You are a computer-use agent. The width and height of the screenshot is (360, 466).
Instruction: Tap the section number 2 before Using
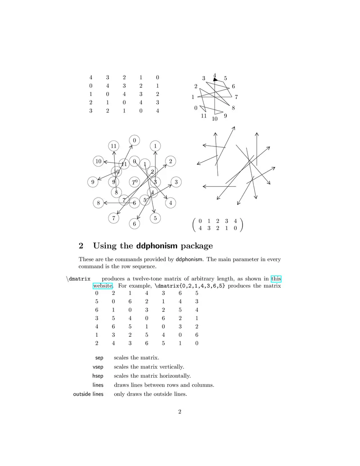(81, 246)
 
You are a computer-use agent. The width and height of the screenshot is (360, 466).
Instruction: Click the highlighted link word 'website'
(103, 286)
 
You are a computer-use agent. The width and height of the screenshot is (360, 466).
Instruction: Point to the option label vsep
(98, 367)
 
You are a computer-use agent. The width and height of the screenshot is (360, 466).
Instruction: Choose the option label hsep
(98, 376)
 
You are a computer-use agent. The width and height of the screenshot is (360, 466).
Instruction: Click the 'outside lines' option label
(88, 394)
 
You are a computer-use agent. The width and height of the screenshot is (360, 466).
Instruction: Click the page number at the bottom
(180, 411)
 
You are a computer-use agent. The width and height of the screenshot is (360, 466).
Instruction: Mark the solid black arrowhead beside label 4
(215, 80)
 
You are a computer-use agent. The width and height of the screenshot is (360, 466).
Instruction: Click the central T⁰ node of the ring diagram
(134, 182)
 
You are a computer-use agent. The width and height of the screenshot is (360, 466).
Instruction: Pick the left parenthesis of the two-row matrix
(194, 225)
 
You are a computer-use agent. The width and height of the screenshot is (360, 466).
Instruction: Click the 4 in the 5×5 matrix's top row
(91, 78)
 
